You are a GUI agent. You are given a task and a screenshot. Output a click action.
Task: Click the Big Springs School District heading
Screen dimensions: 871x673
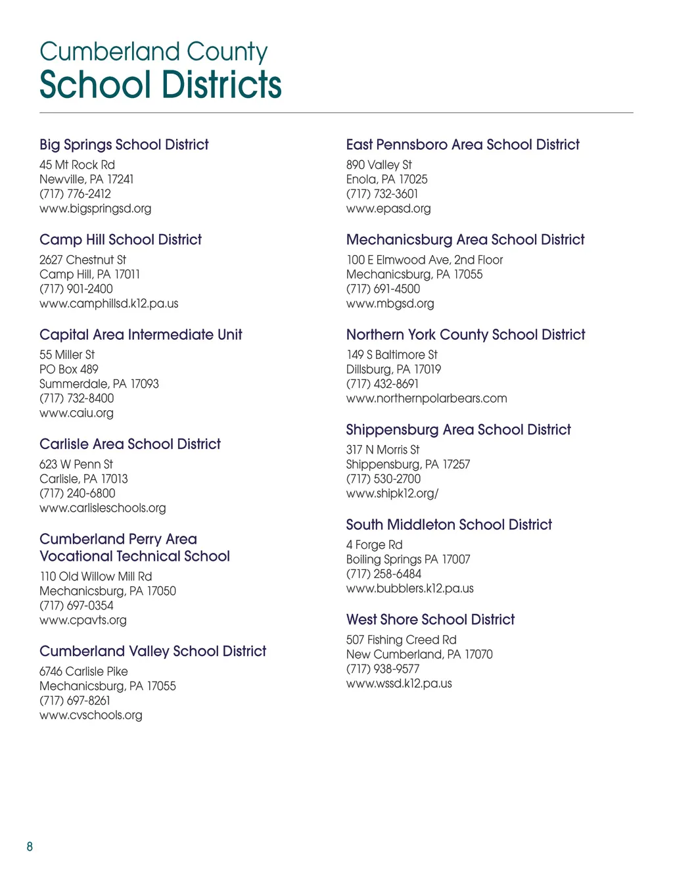[124, 145]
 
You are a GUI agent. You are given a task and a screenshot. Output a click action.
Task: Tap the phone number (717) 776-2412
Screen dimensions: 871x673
[75, 194]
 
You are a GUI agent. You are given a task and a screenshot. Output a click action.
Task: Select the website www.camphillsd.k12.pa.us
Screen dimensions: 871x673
[108, 304]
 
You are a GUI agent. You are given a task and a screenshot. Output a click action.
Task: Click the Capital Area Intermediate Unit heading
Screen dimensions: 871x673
[141, 335]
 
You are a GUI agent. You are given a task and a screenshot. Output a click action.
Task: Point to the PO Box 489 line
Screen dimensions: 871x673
[68, 369]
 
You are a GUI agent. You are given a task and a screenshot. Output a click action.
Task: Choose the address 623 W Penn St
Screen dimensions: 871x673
[76, 464]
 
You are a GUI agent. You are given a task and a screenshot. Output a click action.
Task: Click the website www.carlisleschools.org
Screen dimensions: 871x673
[103, 508]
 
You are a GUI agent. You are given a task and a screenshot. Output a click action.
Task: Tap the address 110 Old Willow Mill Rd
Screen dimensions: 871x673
[95, 577]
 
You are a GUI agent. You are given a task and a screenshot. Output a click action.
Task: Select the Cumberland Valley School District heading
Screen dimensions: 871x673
[152, 651]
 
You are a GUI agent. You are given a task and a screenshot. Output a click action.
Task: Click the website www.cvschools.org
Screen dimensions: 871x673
[91, 715]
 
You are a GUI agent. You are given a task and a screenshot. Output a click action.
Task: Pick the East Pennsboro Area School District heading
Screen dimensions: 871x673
[463, 145]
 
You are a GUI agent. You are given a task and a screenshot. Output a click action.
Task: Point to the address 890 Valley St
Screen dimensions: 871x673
[379, 165]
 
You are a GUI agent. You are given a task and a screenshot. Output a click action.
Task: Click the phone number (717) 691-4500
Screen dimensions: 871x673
[383, 289]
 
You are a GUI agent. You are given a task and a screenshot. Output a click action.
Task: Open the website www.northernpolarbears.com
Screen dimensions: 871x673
[427, 398]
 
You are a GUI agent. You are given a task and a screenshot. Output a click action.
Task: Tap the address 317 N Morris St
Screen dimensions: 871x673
[383, 450]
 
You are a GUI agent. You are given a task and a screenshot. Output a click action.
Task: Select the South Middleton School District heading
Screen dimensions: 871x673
[449, 525]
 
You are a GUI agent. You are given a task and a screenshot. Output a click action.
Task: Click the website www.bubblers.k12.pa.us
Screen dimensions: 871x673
[409, 588]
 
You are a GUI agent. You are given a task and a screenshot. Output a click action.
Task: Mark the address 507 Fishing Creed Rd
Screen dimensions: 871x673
[401, 640]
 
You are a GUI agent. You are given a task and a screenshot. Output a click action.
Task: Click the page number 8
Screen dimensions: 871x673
[30, 847]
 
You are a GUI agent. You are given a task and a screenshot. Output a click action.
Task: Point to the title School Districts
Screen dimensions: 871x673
[160, 85]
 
